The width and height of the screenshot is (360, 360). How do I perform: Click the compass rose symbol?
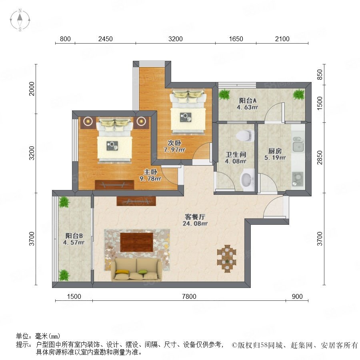pos(20,20)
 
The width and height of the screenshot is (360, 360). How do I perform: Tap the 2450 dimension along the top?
pos(105,39)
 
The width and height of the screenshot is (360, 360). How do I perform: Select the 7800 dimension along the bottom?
pos(189,296)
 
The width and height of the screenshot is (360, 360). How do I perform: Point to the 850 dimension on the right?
pos(319,74)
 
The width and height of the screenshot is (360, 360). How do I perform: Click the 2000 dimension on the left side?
pos(32,89)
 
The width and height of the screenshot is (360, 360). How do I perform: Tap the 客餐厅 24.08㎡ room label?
pos(195,220)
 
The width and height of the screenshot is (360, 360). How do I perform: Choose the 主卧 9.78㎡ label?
pos(150,175)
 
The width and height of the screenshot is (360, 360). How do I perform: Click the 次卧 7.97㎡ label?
pos(174,146)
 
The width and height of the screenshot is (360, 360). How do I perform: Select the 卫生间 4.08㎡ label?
pos(236,158)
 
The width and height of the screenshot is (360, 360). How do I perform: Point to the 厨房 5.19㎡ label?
pos(275,154)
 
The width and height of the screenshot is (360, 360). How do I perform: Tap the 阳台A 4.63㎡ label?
pos(248,104)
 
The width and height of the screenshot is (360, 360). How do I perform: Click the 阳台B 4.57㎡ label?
pos(74,239)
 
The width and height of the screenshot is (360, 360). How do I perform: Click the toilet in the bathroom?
pos(245,136)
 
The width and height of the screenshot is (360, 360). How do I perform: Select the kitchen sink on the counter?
pos(298,144)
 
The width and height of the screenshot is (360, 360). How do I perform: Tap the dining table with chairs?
pos(227,258)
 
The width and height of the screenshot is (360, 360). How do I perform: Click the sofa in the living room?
pos(136,270)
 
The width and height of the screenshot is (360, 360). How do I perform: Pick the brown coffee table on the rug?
pos(137,242)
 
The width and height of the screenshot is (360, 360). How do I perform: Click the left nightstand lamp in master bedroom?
pos(88,121)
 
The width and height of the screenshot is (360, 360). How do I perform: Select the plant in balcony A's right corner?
pos(299,94)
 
